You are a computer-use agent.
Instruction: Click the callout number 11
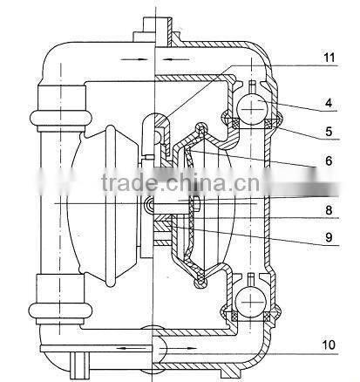coord(329,58)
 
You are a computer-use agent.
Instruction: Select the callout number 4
coord(329,103)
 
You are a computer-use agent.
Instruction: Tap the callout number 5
coord(329,132)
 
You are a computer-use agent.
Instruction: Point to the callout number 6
coord(329,160)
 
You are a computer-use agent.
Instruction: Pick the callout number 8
coord(329,210)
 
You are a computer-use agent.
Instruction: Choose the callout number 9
coord(329,237)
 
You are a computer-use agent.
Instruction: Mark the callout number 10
coord(329,344)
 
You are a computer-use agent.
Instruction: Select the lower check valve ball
coord(251,303)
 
